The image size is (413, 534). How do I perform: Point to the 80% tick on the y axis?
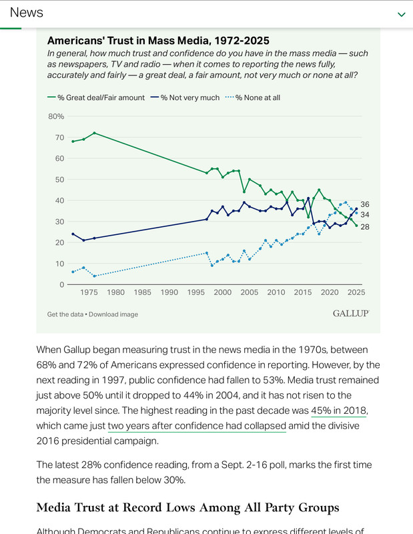56,116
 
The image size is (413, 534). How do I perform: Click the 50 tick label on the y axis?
59,180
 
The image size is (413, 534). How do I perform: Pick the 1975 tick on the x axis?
89,292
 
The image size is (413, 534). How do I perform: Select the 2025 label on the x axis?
356,292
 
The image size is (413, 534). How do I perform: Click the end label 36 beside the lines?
365,204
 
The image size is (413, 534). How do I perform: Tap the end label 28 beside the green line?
365,227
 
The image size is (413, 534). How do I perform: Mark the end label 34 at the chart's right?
365,215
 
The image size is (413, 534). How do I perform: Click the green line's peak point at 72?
94,133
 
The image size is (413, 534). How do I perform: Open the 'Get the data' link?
67,314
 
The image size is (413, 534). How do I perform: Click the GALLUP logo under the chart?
350,313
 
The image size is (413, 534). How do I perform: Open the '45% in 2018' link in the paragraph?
338,411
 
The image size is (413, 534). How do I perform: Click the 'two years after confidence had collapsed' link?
197,426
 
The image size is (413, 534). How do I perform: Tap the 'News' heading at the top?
27,13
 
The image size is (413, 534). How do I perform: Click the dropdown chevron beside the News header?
401,14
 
